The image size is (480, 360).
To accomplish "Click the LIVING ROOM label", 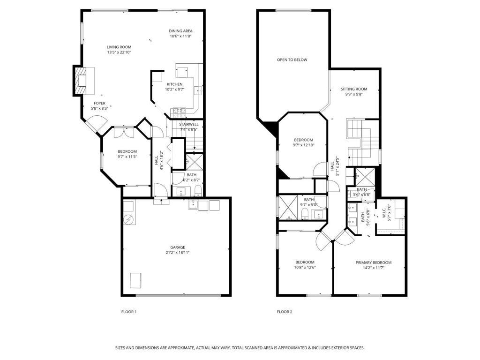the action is [119, 47].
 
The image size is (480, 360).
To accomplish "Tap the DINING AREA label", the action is [180, 31].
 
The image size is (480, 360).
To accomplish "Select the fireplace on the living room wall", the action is [81, 81].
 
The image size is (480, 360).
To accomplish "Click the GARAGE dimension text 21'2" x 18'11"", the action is [178, 253].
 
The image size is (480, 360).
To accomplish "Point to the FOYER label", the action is [99, 103].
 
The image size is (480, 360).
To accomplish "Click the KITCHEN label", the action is [174, 84].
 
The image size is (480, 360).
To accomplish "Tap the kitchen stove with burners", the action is [180, 112].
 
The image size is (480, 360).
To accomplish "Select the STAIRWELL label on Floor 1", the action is [188, 124].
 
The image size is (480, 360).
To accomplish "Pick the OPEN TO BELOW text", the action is [292, 60].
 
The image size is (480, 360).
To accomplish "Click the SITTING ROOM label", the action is [354, 89].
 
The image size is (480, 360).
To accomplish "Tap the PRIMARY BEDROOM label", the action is [374, 262].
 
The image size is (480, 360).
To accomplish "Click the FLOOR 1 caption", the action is [129, 312].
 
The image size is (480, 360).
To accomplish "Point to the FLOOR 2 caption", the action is [285, 312].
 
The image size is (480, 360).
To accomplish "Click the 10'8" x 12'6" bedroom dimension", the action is [305, 267].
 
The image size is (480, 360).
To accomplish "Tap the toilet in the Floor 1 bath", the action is [198, 190].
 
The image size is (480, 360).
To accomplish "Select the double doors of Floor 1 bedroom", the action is [124, 132].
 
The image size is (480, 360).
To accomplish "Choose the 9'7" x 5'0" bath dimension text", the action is [309, 205].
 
